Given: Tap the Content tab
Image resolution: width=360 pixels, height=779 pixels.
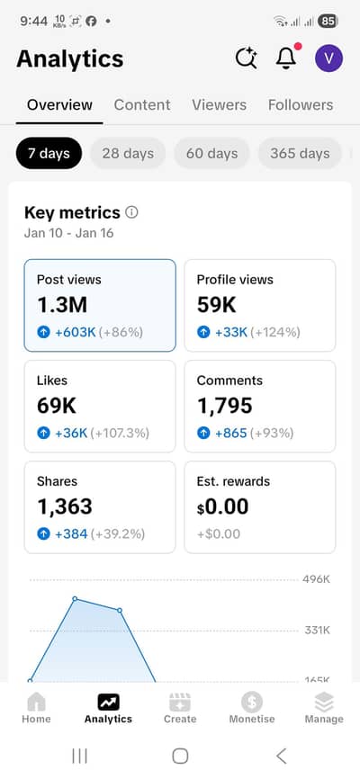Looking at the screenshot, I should point(142,104).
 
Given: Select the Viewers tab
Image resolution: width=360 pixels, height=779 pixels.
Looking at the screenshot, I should point(219,104).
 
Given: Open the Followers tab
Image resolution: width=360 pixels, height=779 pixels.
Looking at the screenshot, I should point(301,104).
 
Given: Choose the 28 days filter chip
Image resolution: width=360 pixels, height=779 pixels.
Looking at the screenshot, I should point(128,153).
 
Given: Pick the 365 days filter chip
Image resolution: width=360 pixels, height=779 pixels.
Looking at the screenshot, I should point(300,153).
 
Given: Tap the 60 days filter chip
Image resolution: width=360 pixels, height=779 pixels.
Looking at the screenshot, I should point(211,153).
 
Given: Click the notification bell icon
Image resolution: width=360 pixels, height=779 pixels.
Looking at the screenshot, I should point(286,58).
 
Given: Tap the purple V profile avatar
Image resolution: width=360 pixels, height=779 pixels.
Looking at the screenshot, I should point(328,58).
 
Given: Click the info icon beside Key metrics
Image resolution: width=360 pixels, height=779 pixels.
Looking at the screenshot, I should point(132,212).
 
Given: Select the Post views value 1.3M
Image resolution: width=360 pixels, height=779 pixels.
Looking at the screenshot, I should point(62,305).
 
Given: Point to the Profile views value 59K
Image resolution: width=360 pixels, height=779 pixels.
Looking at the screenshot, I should point(216,305).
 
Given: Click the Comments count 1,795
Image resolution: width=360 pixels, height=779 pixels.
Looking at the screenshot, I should point(225,406).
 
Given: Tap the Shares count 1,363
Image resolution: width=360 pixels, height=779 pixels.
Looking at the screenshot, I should point(66,506).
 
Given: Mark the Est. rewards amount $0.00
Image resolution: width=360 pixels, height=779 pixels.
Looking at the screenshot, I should point(222,506).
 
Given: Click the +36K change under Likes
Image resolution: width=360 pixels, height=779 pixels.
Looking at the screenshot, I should point(71,433).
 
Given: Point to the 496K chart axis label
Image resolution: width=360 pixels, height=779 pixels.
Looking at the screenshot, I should point(316,578).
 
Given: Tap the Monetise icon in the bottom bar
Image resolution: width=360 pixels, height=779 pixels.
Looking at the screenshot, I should point(252,703).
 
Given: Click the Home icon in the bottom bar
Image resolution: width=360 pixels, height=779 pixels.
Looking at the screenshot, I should point(36,703).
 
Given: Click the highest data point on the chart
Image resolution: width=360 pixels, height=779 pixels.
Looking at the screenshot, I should point(75,598).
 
